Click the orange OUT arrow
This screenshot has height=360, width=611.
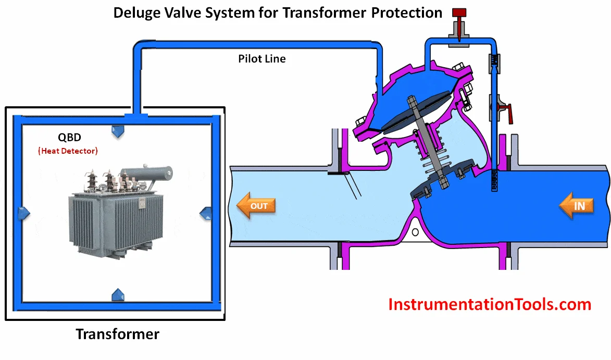pos(256,206)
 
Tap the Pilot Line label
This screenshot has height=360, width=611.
pos(262,59)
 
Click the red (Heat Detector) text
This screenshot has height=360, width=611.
pos(68,151)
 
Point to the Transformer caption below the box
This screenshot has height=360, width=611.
pos(117,334)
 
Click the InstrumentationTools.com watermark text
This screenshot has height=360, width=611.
pos(490,304)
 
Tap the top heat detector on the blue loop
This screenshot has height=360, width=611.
pos(118,131)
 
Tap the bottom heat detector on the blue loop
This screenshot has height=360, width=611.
pos(118,295)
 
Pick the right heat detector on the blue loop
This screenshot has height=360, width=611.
pos(206,213)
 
